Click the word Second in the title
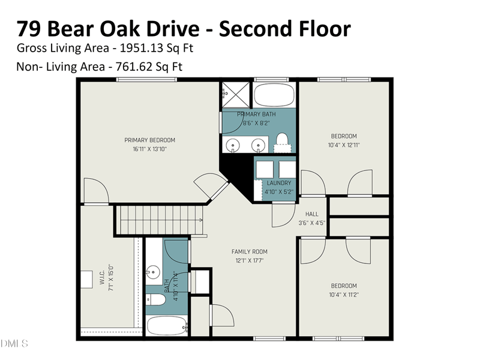tap(257, 28)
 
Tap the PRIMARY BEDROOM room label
tap(150, 140)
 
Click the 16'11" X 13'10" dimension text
tap(150, 149)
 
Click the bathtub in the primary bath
tap(274, 95)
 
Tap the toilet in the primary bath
tap(281, 142)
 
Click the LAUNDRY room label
tap(279, 183)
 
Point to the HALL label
tap(312, 214)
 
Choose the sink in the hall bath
tap(154, 271)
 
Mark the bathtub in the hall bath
tap(165, 326)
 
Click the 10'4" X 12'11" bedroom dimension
tap(344, 145)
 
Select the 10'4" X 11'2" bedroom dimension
tap(344, 294)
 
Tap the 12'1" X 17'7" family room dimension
tap(250, 260)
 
